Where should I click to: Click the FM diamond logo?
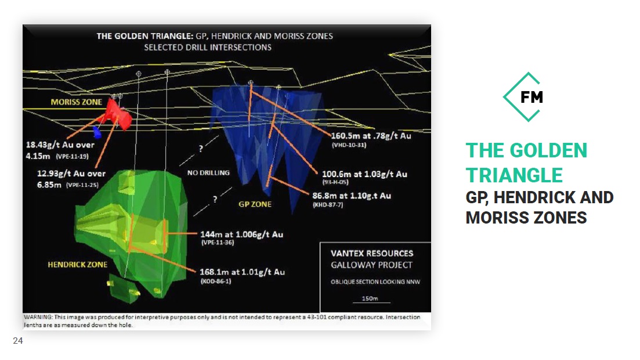[524, 97]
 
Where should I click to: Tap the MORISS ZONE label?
[77, 102]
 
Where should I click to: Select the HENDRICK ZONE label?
[78, 265]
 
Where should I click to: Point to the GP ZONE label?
[255, 204]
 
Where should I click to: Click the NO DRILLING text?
[208, 173]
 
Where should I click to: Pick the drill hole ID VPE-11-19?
[73, 157]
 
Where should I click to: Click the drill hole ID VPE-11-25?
[82, 185]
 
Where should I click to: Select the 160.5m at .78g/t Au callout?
[371, 136]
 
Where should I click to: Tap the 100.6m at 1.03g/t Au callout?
[364, 174]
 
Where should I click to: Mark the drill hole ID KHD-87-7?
[328, 205]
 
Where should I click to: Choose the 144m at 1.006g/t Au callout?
[241, 235]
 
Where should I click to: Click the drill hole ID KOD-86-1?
[215, 281]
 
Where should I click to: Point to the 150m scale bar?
[371, 303]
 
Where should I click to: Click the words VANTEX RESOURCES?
[373, 253]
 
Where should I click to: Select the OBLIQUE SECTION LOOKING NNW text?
[375, 282]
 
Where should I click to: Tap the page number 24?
[18, 341]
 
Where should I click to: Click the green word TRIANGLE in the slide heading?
[514, 175]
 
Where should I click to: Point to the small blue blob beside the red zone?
[97, 132]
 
